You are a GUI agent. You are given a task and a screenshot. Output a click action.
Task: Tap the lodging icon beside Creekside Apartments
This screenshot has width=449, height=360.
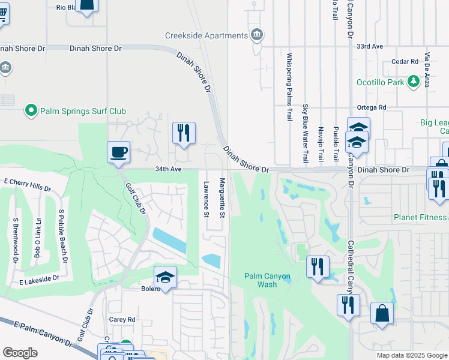pos(257,34)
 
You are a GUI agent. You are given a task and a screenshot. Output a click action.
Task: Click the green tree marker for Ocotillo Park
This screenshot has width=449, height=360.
pos(413,82)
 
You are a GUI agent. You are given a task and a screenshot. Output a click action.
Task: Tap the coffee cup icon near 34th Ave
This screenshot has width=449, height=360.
pos(118,152)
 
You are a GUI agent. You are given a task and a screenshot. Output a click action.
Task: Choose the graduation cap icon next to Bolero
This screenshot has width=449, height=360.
pos(165,277)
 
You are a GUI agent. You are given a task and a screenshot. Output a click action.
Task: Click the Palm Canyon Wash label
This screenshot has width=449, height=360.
pos(268,280)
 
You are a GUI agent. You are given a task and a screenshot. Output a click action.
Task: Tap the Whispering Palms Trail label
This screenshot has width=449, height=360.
pos(289,87)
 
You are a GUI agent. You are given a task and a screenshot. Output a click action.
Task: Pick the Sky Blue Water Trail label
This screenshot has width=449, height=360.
pos(305,133)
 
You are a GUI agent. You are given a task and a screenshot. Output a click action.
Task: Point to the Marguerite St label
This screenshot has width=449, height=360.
pos(222,197)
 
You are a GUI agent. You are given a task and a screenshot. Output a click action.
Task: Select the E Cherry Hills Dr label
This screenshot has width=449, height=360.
pos(28,184)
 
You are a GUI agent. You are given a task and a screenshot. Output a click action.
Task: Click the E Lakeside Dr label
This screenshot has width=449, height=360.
pos(39,279)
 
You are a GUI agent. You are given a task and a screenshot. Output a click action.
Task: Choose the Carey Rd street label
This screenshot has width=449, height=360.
pos(122,320)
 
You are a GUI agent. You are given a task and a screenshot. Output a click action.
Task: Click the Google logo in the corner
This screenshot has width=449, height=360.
pos(20,353)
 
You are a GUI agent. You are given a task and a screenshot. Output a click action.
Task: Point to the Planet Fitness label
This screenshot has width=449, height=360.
pos(420,217)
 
